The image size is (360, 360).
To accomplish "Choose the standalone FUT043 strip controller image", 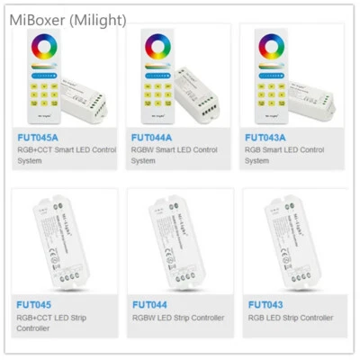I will pyautogui.click(x=293, y=242).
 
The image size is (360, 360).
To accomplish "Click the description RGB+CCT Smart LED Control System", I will pyautogui.click(x=63, y=156).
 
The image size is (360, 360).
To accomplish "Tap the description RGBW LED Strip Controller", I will pyautogui.click(x=180, y=318).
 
